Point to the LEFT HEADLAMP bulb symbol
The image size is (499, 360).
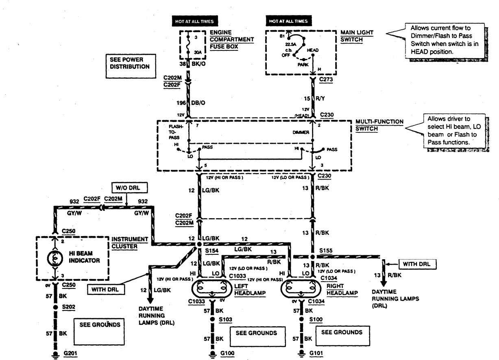point(211,289)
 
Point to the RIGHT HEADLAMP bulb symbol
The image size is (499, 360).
point(301,289)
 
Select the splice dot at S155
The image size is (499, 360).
point(312,257)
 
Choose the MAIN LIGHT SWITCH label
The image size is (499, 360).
point(357,36)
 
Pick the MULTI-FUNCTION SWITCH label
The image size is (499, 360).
point(374,125)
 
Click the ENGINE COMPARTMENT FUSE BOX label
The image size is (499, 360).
point(232,39)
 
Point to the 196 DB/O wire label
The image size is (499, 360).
point(196,103)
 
